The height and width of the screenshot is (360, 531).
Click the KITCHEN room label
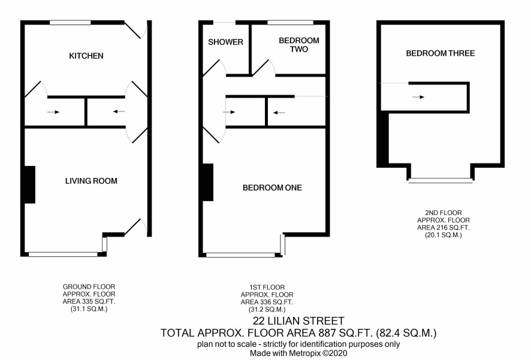[x=86, y=56]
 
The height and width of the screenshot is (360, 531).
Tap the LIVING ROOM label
[x=91, y=181]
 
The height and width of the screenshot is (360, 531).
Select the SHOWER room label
[x=225, y=42]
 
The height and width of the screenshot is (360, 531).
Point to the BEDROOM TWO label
[x=299, y=45]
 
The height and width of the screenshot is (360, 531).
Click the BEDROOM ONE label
[x=272, y=187]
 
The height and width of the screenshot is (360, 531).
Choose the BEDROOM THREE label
[x=441, y=53]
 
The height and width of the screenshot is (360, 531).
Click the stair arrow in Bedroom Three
[x=418, y=97]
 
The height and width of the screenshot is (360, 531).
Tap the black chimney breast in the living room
[x=30, y=184]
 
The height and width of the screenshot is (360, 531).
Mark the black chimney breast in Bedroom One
[x=208, y=182]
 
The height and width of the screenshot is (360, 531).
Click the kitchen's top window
[x=71, y=23]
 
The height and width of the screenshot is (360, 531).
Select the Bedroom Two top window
[x=291, y=23]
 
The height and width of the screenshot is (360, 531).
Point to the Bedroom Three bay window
[x=441, y=181]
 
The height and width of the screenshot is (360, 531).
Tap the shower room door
[x=215, y=67]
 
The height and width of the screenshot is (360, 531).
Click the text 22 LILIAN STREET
[x=298, y=320]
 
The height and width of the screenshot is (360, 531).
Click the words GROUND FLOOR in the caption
[x=89, y=287]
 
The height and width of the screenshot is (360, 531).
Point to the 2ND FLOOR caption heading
[x=443, y=213]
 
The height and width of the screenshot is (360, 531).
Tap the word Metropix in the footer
[x=304, y=353]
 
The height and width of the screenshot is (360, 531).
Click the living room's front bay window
[x=63, y=254]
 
